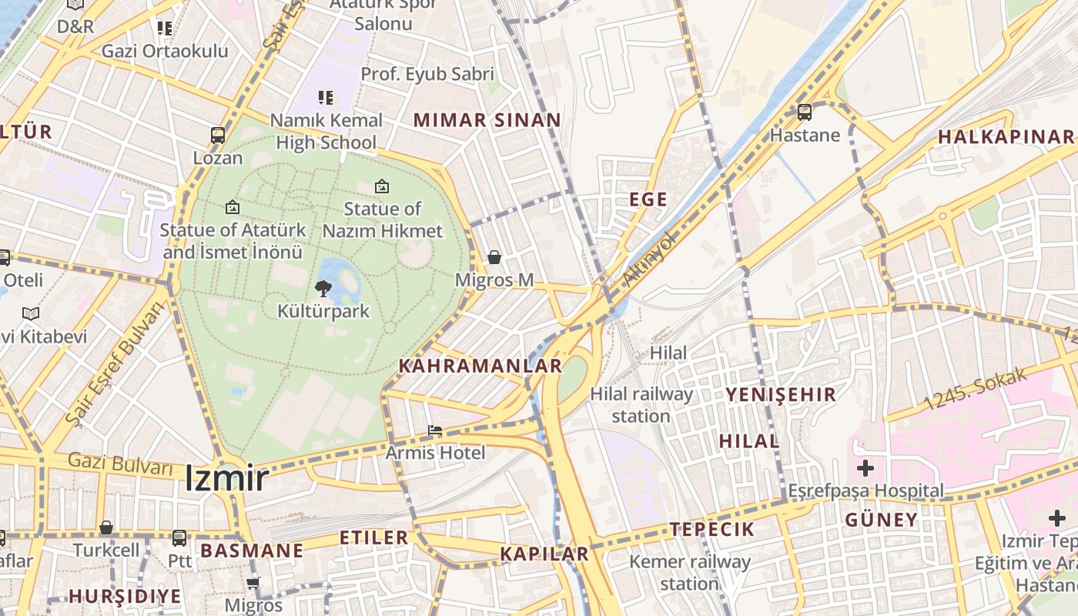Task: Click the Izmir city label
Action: [x=226, y=479]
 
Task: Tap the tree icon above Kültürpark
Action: [x=323, y=289]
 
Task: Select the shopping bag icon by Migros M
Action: [x=494, y=256]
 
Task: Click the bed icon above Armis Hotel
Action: [x=435, y=430]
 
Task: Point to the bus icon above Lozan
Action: [x=218, y=136]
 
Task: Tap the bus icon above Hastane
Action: [x=805, y=112]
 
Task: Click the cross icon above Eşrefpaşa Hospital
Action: [x=865, y=467]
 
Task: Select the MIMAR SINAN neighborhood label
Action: [x=487, y=120]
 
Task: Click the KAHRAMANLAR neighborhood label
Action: [x=480, y=367]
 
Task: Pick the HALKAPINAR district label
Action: [x=1005, y=137]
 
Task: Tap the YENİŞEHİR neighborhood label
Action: [x=780, y=395]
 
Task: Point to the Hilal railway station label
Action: [x=641, y=405]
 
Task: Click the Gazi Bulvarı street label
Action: [x=120, y=464]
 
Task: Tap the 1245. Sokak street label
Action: [x=976, y=390]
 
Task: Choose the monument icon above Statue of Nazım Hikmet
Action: [x=381, y=186]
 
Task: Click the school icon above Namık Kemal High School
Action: [x=326, y=98]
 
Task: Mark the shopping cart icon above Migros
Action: [x=253, y=583]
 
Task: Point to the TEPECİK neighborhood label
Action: [x=712, y=529]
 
